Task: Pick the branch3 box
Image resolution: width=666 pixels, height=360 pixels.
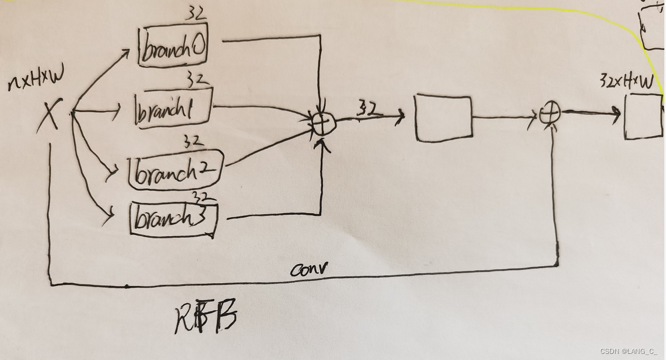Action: coord(173,219)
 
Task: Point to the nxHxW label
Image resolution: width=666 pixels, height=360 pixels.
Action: coord(36,82)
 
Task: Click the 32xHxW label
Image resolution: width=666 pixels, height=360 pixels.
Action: coord(626,82)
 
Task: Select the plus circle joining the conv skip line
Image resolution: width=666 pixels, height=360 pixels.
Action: coord(550,114)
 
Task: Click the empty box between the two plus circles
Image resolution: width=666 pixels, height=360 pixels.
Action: coord(443,118)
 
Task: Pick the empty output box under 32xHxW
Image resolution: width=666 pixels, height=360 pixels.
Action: coord(643,116)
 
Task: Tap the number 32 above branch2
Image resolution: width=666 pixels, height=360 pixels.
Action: coord(193,141)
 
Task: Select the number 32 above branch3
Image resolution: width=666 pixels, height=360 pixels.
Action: coord(201,197)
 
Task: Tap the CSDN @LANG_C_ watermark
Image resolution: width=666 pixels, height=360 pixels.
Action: coord(628,351)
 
